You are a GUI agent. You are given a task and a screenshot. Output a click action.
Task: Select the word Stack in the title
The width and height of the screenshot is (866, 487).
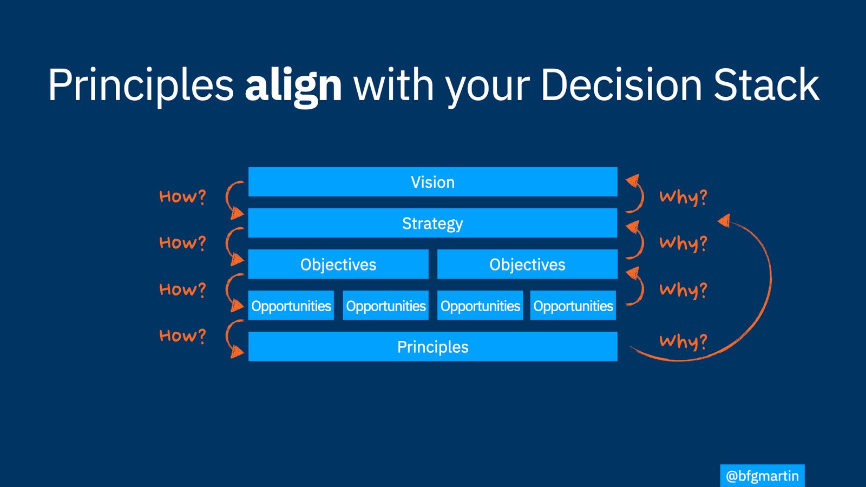pos(766,84)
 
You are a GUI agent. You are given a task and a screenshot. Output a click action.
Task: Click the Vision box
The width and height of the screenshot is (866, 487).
pos(432,182)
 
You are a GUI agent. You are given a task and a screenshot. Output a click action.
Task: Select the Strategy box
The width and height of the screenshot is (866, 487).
pos(432,223)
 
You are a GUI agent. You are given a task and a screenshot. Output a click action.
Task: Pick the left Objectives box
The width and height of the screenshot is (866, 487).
pos(338,264)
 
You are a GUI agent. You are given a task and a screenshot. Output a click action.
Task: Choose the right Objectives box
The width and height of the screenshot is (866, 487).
pos(527,264)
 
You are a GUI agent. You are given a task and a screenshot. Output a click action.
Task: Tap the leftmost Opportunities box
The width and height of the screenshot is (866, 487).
pos(291,305)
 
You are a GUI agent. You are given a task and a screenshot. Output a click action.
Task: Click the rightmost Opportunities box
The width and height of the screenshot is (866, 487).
pos(573,305)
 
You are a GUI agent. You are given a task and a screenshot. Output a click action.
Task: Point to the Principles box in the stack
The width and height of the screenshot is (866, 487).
pos(432,346)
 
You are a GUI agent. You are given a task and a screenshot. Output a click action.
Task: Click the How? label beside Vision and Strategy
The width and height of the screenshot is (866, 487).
pos(182,197)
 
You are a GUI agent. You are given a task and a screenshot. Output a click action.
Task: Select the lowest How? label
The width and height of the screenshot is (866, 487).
pos(182,335)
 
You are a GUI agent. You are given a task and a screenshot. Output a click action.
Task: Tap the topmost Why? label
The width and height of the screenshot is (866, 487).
pos(683,198)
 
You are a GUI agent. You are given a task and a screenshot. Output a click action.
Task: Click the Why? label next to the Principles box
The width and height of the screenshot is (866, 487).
pos(683,341)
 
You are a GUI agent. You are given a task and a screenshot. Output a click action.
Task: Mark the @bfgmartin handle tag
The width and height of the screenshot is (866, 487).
pos(763,476)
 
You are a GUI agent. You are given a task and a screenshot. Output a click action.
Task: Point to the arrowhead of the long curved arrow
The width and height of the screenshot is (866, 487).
pos(724,220)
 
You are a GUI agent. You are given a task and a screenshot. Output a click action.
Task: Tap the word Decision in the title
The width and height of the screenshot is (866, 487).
pos(621,84)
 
